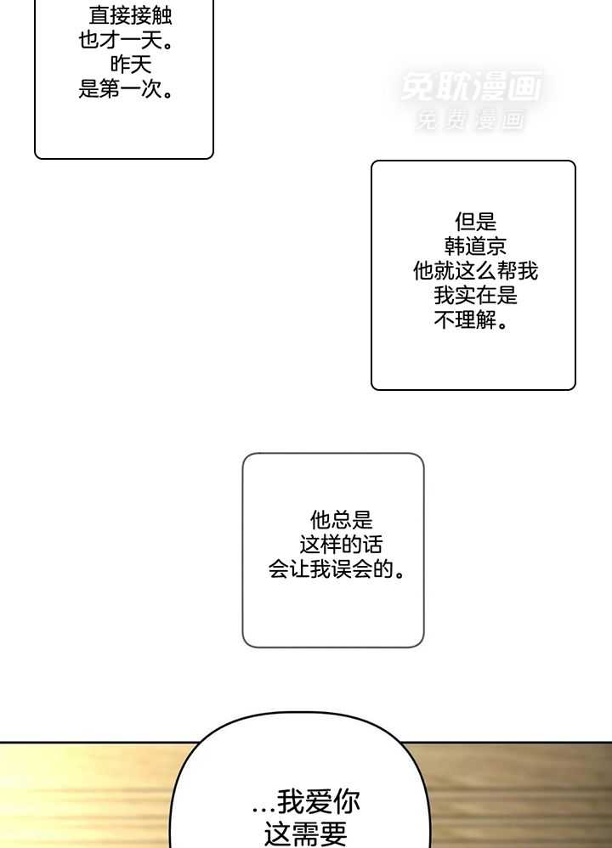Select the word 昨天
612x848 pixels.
(130, 65)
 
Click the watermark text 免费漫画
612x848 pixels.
(471, 122)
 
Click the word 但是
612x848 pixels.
(475, 223)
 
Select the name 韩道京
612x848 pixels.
(475, 247)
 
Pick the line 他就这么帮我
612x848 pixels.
(475, 272)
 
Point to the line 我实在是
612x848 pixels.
(475, 297)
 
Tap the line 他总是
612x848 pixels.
(341, 520)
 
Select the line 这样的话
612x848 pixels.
(341, 545)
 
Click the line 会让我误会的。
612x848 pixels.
(336, 569)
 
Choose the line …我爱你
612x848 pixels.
(306, 802)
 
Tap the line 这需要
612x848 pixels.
(306, 834)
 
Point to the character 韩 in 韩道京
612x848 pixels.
(455, 247)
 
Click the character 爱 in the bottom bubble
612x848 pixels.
(317, 802)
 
